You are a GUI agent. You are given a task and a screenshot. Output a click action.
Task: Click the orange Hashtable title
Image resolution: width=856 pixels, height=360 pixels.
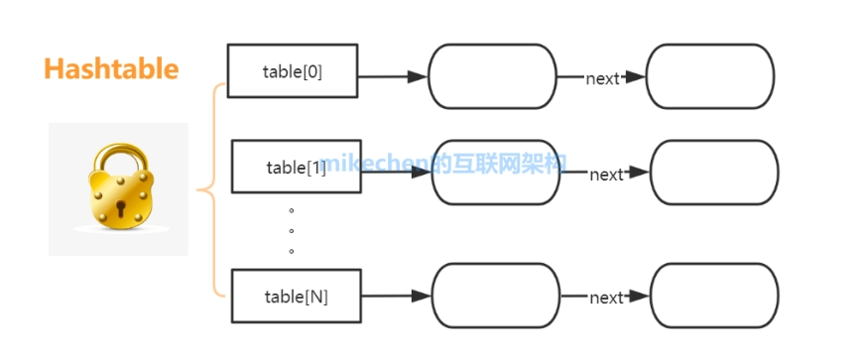tap(111, 68)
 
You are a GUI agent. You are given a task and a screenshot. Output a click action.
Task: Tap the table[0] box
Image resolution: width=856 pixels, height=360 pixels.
tap(292, 71)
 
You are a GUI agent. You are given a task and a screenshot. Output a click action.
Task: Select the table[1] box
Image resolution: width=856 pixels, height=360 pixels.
tap(296, 167)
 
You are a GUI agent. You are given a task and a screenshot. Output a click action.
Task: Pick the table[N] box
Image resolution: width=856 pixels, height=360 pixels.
tap(296, 296)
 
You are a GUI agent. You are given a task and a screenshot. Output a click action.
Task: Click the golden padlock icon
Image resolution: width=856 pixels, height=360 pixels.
tap(118, 187)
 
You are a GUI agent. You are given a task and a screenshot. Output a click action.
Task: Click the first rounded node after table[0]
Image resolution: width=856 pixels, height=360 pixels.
tap(492, 76)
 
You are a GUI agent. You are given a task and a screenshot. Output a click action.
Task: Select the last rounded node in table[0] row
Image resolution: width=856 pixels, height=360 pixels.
tap(709, 76)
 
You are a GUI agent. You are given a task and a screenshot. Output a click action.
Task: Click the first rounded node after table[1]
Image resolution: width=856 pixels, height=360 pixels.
tap(496, 172)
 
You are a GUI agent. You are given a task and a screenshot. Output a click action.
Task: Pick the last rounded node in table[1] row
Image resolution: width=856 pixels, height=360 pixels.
tap(714, 172)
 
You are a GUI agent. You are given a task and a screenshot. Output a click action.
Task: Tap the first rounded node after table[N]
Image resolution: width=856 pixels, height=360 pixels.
tap(496, 296)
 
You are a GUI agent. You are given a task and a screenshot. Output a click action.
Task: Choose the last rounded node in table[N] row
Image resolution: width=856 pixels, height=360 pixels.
tap(714, 296)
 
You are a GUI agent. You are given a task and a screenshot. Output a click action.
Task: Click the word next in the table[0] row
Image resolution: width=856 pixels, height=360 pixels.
tap(602, 78)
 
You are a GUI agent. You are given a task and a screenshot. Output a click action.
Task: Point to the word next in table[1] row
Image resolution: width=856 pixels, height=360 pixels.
tap(606, 175)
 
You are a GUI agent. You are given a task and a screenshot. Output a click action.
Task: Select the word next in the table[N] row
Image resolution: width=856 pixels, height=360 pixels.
tap(606, 298)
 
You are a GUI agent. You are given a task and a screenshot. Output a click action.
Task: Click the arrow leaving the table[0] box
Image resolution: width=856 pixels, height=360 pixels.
tap(392, 76)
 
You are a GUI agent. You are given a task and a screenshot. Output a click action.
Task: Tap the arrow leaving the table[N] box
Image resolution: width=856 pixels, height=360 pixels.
tap(395, 296)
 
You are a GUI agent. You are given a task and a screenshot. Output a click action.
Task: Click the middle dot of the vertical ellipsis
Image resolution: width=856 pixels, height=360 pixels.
tap(292, 231)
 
